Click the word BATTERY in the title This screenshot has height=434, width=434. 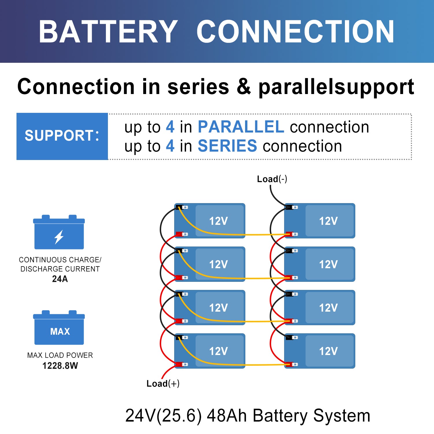(108, 32)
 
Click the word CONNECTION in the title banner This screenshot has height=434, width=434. (295, 32)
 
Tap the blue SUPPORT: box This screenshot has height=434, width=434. (62, 136)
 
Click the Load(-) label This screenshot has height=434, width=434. (272, 179)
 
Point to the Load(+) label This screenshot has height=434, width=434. (163, 384)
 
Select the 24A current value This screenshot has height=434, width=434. (60, 279)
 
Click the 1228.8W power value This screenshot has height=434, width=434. (60, 366)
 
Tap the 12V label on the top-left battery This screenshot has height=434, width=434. (218, 221)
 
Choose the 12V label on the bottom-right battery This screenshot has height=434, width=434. (328, 351)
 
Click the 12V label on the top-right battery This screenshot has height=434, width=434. (328, 221)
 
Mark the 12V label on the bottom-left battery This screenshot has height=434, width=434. (218, 351)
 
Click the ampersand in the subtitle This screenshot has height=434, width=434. (244, 87)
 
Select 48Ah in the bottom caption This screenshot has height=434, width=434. (227, 416)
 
